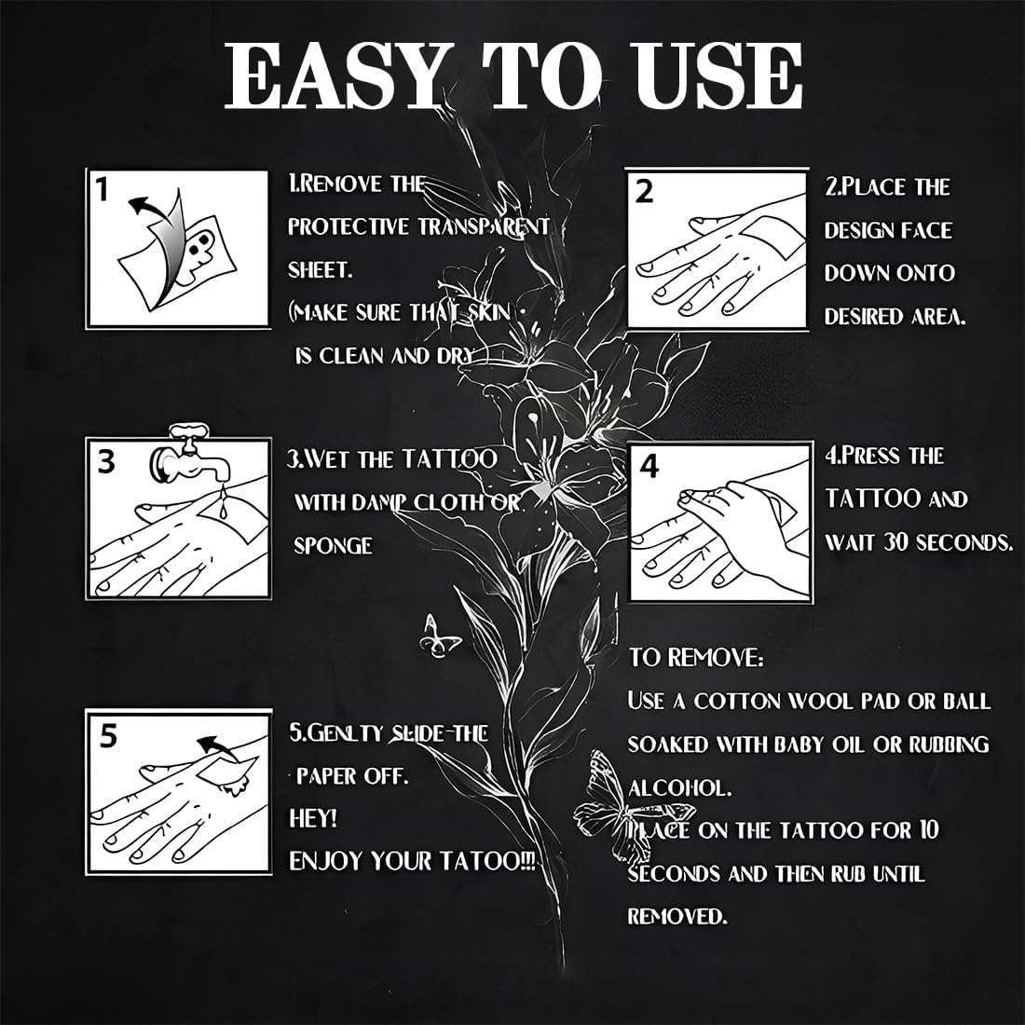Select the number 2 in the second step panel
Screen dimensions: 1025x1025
pyautogui.click(x=645, y=192)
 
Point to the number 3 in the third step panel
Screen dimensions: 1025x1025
pyautogui.click(x=106, y=460)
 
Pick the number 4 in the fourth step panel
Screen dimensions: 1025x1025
pyautogui.click(x=649, y=467)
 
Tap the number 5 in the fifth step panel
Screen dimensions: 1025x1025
pyautogui.click(x=108, y=735)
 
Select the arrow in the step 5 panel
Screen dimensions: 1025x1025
pyautogui.click(x=218, y=745)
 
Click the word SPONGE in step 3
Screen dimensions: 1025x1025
pyautogui.click(x=333, y=545)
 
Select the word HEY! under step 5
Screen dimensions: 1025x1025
pyautogui.click(x=313, y=818)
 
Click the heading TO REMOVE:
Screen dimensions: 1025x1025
pyautogui.click(x=696, y=658)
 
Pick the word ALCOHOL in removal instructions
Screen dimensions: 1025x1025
pyautogui.click(x=679, y=787)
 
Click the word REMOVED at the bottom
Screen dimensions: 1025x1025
pyautogui.click(x=676, y=917)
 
